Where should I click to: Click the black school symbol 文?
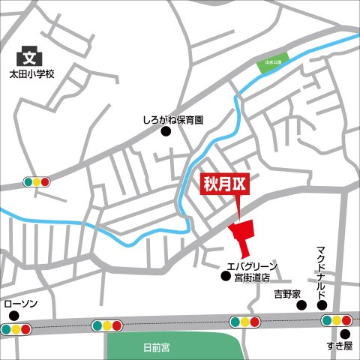click(x=29, y=56)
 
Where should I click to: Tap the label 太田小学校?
click(x=31, y=74)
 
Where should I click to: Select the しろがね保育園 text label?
click(x=173, y=119)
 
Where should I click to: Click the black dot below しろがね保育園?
click(x=166, y=132)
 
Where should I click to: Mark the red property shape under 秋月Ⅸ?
click(x=242, y=235)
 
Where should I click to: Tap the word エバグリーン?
click(x=252, y=266)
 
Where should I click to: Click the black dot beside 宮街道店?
click(x=225, y=277)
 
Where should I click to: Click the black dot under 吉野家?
click(x=301, y=305)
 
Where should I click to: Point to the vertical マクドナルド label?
click(x=322, y=271)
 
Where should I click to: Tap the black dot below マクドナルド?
click(x=322, y=305)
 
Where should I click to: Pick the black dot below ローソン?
click(x=13, y=316)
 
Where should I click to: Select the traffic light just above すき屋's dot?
click(x=337, y=321)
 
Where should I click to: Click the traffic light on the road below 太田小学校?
click(x=36, y=181)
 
